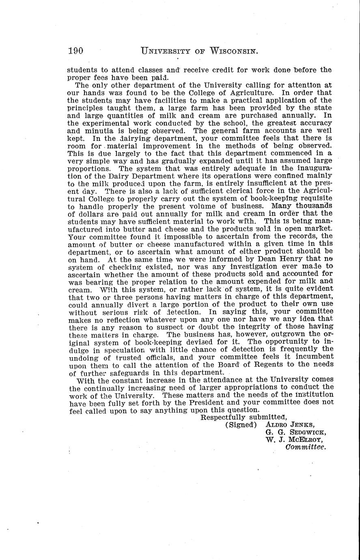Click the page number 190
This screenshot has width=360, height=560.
(76, 51)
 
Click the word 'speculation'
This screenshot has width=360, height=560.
(129, 349)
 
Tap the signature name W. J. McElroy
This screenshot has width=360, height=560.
(294, 439)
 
